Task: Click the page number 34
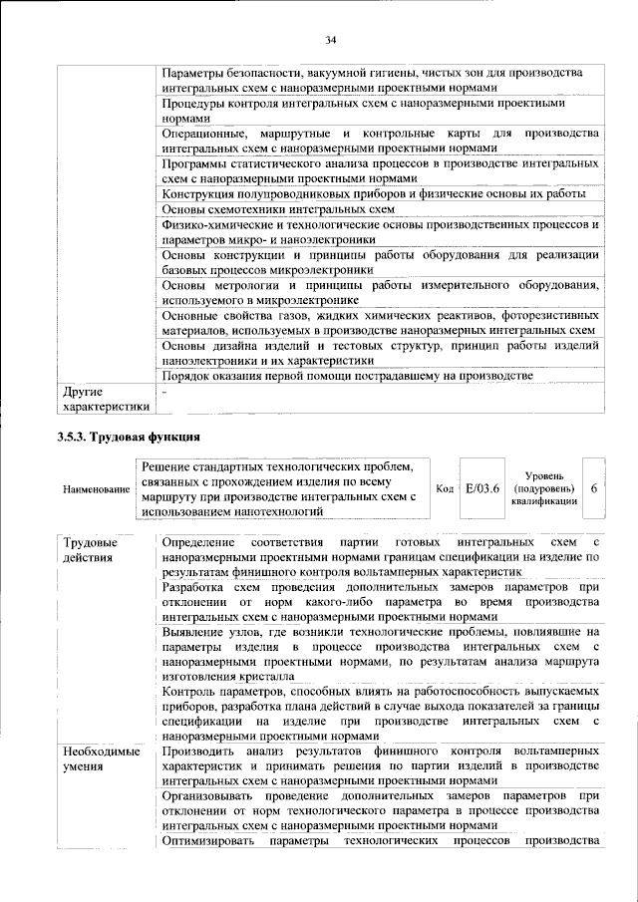coord(331,40)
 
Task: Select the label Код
coord(445,489)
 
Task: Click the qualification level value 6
coord(594,489)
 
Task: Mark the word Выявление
coord(196,631)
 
